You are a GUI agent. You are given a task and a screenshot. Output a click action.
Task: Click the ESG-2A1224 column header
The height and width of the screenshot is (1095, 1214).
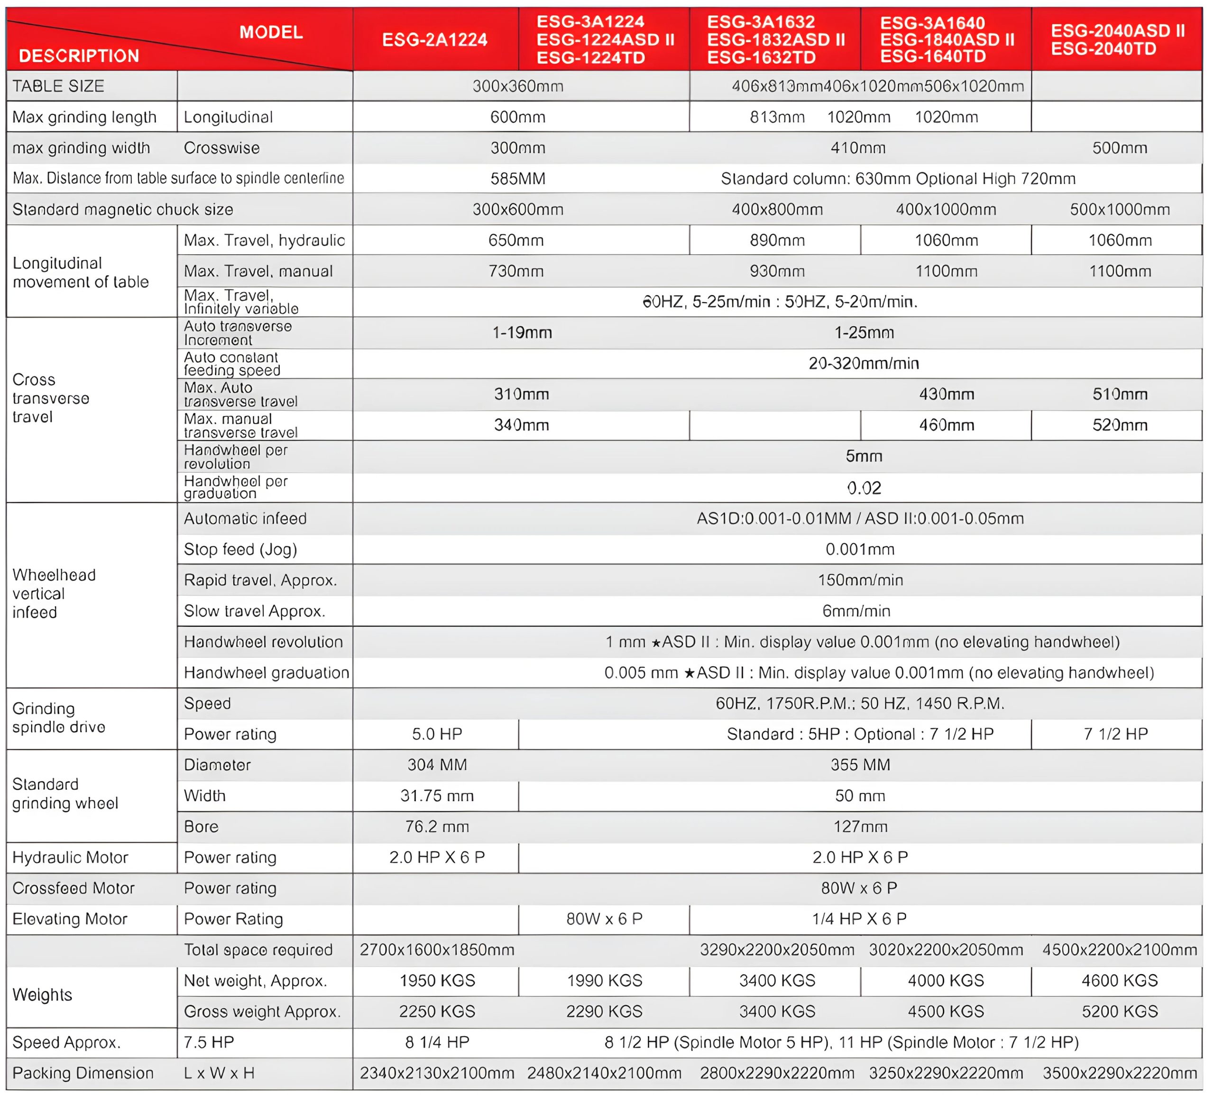pyautogui.click(x=434, y=40)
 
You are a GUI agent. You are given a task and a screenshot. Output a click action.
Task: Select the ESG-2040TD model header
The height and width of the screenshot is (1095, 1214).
pyautogui.click(x=1104, y=49)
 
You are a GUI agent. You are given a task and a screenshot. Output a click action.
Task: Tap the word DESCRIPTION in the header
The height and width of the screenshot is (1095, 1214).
pyautogui.click(x=79, y=56)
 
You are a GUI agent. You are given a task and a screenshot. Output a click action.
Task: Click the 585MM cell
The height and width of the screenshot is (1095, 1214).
pyautogui.click(x=517, y=179)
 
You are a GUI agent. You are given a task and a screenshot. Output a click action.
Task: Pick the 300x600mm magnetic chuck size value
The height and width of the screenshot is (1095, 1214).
pyautogui.click(x=517, y=210)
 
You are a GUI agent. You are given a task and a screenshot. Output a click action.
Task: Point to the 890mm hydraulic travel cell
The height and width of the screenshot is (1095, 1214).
pyautogui.click(x=777, y=240)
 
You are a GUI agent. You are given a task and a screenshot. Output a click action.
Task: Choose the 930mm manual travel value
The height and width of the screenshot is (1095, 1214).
pyautogui.click(x=777, y=271)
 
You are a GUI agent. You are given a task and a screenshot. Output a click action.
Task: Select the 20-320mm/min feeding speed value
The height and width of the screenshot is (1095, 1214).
pyautogui.click(x=863, y=363)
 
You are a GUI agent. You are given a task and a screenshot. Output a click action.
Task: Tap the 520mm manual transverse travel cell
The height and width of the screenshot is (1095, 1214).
pyautogui.click(x=1120, y=425)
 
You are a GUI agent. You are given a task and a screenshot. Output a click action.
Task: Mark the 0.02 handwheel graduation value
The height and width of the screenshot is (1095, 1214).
pyautogui.click(x=863, y=488)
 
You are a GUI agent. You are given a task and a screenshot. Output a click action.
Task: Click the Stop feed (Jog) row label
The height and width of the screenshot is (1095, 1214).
pyautogui.click(x=240, y=549)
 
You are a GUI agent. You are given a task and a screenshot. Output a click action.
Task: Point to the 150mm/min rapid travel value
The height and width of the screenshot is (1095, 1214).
pyautogui.click(x=860, y=580)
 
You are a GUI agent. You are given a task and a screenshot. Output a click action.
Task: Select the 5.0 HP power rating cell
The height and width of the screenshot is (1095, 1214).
pyautogui.click(x=437, y=734)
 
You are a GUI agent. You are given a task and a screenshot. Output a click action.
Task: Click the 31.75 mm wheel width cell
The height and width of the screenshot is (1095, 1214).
pyautogui.click(x=437, y=796)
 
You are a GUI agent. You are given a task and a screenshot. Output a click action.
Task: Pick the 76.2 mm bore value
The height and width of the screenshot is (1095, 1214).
pyautogui.click(x=437, y=827)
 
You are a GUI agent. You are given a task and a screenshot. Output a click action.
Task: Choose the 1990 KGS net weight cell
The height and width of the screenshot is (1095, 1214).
pyautogui.click(x=604, y=981)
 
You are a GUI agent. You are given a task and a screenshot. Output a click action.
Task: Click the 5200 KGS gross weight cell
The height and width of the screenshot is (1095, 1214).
pyautogui.click(x=1120, y=1012)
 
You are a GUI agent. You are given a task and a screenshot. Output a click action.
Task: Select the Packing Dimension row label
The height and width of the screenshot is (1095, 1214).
pyautogui.click(x=83, y=1073)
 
